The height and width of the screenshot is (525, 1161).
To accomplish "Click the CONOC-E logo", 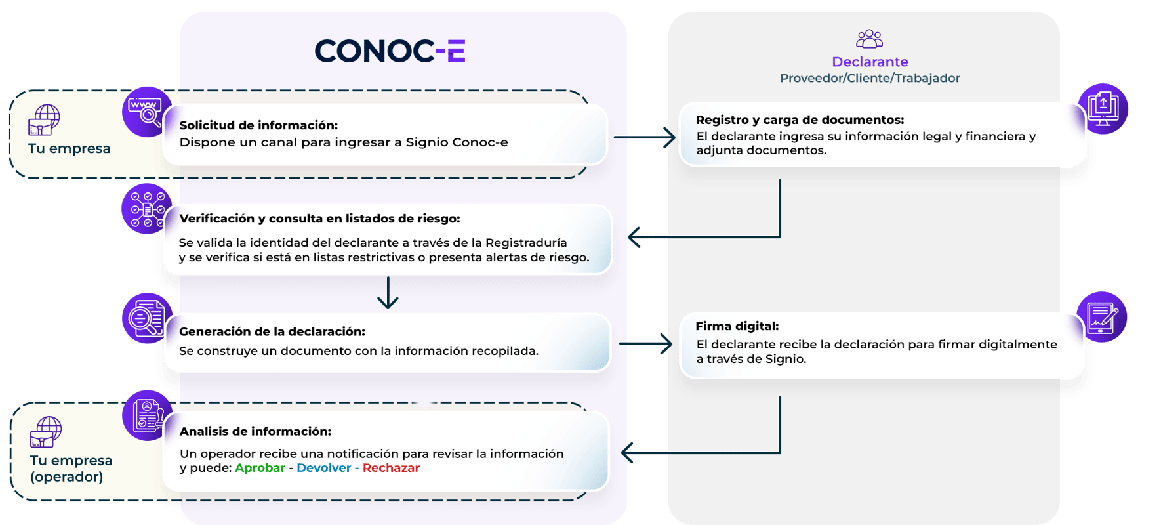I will pos(390,51).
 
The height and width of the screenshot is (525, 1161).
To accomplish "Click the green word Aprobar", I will pos(260,468).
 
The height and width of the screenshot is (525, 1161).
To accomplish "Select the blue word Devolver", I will pos(323,468).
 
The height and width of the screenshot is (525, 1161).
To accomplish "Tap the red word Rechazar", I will pos(391,468).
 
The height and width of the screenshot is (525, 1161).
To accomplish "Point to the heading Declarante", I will pos(870,62).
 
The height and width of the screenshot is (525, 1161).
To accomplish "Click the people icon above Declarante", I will pos(869,39).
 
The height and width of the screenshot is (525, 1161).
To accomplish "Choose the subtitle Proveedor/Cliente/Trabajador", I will pos(870,79).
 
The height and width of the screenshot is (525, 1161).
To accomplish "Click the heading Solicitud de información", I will pos(258,125).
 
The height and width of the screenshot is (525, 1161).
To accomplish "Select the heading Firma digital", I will pos(737,326).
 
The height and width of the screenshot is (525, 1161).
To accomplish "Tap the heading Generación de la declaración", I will pos(272,332).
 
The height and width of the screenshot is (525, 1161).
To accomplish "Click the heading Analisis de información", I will pos(255,432).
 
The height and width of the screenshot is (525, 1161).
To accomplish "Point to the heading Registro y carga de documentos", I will pos(800,120).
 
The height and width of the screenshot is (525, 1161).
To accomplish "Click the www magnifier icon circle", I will pos(146,112).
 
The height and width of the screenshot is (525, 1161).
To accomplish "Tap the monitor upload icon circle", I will pos(1103,109).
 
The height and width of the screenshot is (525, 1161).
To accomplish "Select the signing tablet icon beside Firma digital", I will pos(1102,318).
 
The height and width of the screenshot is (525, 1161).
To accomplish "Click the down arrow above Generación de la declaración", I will pos(388,293).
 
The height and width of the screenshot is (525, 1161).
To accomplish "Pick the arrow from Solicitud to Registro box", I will pos(644,138).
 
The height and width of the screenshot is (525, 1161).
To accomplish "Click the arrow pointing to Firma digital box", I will pos(646,343).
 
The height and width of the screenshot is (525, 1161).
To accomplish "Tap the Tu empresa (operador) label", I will pos(71,469).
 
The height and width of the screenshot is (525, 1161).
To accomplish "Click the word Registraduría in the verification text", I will pos(526,243).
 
